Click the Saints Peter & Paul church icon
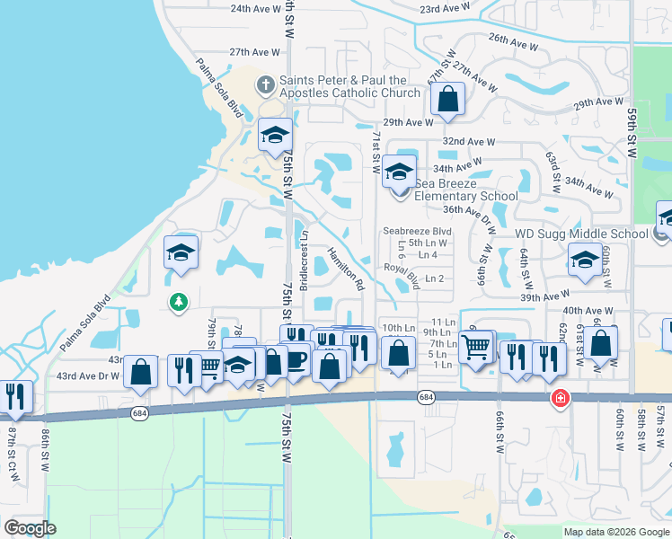coord(266,86)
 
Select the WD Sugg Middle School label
coord(580,234)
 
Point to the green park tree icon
coord(179,302)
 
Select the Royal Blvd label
coord(402,274)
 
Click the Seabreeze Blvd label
coord(417,231)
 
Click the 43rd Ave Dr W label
coord(87,376)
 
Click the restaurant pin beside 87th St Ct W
coord(16,395)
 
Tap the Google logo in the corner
coord(30,528)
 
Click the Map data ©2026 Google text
coord(616,532)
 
